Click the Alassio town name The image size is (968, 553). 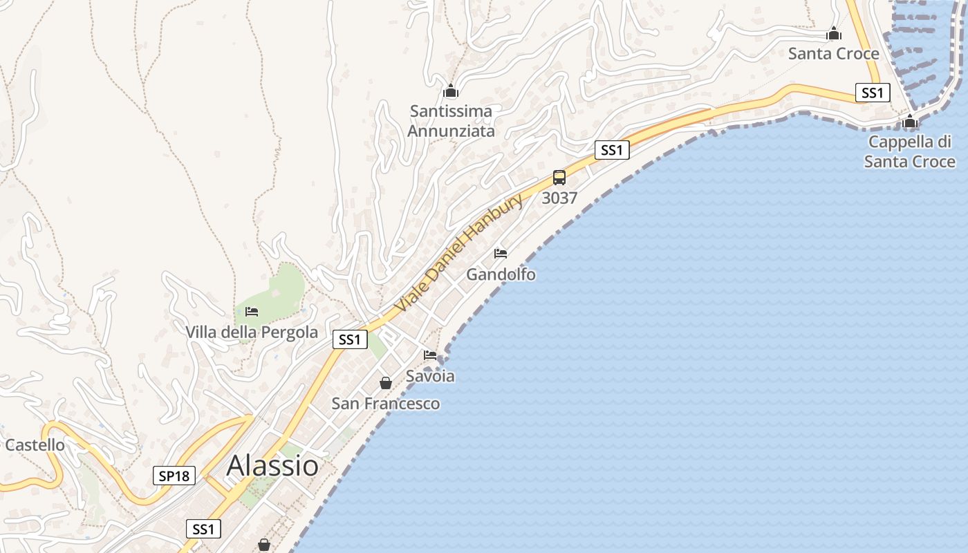click(272, 466)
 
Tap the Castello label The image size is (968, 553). click(35, 444)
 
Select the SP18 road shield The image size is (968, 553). click(174, 476)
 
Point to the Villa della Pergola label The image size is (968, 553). click(252, 332)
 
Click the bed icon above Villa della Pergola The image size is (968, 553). click(252, 312)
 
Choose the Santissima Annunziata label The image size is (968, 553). click(451, 120)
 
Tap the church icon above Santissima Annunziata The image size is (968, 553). click(451, 91)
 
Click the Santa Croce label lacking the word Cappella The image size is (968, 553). click(834, 53)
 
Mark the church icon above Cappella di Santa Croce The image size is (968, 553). click(910, 122)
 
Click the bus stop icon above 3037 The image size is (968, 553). click(559, 178)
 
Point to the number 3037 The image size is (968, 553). click(559, 198)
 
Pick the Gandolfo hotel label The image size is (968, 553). click(501, 274)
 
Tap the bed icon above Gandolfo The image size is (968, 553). click(501, 254)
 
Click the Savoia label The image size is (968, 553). click(430, 376)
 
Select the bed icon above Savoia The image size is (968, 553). click(430, 355)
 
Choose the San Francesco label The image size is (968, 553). click(386, 403)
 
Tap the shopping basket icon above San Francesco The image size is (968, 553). click(386, 383)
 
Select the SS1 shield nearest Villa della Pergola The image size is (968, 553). click(350, 339)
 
